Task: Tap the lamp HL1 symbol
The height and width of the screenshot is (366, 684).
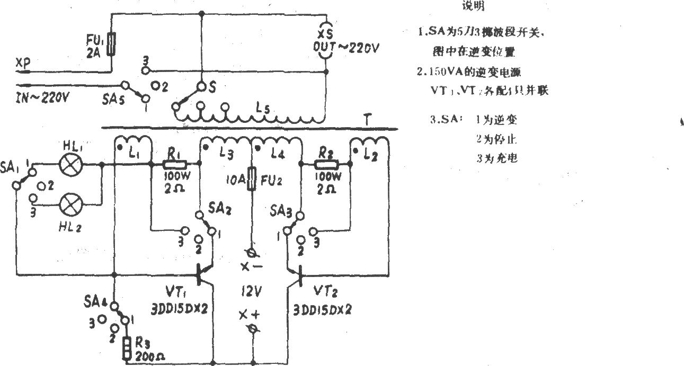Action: point(69,165)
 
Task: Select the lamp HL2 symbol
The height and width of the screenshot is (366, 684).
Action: point(69,203)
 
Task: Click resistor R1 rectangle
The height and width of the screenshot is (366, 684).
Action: point(175,165)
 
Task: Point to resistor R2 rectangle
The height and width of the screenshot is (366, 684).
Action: point(327,165)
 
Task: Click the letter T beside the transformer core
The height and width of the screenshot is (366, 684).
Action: point(366,120)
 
